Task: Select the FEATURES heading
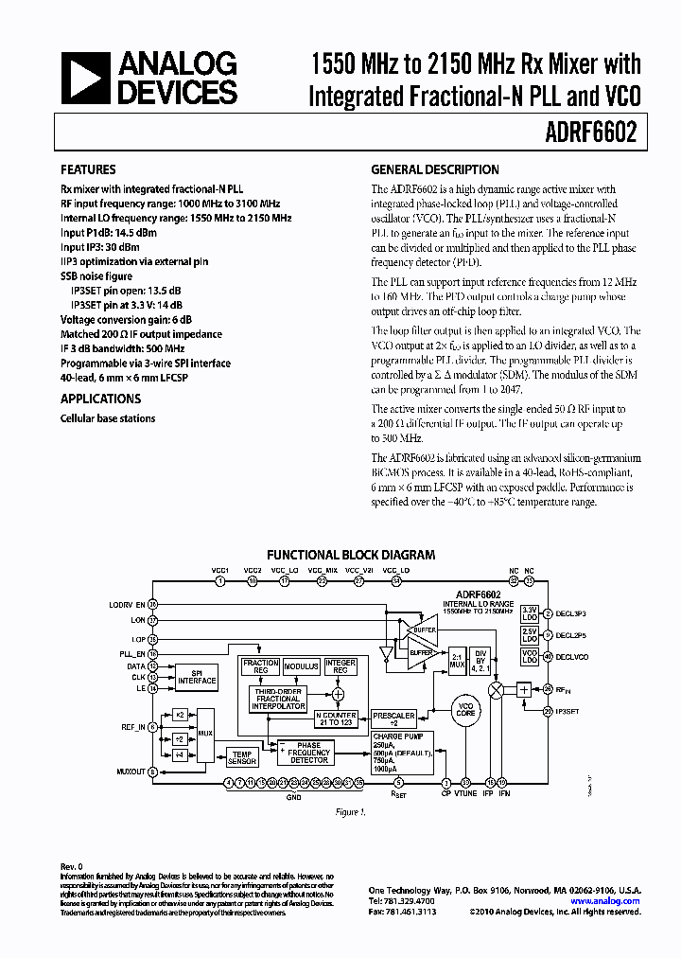tap(89, 170)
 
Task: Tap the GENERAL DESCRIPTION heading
tap(434, 170)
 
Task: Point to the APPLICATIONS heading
tap(100, 399)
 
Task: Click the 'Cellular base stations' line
tap(108, 418)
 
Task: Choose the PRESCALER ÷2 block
tap(393, 718)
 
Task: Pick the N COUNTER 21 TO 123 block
tap(336, 718)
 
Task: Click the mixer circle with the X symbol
tap(495, 689)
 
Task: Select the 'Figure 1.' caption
tap(349, 812)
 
